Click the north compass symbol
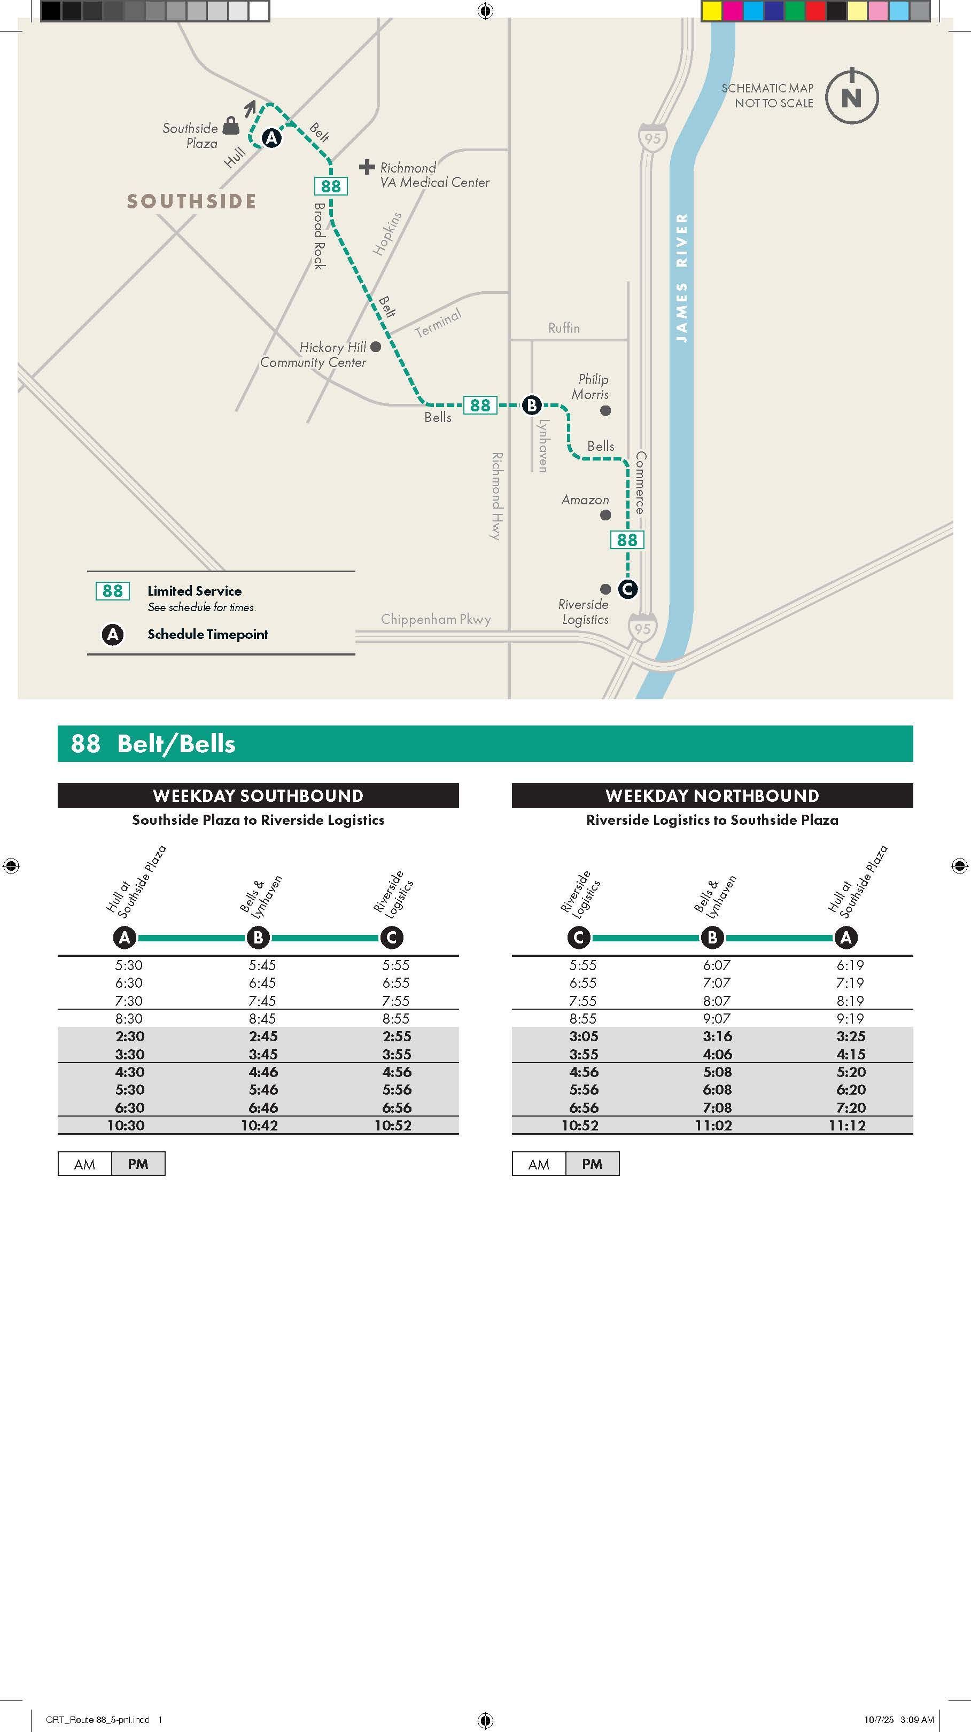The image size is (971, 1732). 851,96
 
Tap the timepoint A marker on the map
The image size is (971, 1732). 271,138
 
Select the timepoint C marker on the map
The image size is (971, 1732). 627,589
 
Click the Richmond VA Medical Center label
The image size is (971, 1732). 434,175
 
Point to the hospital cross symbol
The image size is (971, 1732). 367,166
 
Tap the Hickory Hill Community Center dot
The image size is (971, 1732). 376,347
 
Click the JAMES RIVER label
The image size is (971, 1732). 682,278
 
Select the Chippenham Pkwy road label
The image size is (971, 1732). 436,619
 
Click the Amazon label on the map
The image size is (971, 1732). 585,500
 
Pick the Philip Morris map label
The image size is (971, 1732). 591,387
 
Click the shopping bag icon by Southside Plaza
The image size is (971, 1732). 231,125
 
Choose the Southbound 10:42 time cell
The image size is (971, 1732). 260,1126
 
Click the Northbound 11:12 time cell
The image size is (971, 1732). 846,1126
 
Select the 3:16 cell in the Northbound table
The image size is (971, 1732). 715,1036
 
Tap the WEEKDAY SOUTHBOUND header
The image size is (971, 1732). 258,795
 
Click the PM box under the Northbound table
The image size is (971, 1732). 592,1164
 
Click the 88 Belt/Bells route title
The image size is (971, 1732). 153,744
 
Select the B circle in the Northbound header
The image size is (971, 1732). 712,937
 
